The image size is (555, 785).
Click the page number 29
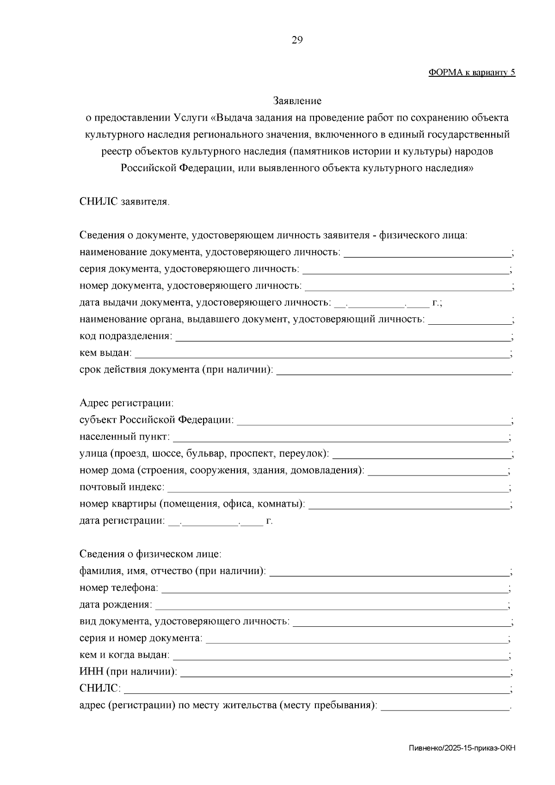(x=297, y=40)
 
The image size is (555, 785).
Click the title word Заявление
(x=297, y=100)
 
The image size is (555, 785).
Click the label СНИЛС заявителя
(x=124, y=202)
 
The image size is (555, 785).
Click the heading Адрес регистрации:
(x=126, y=403)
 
